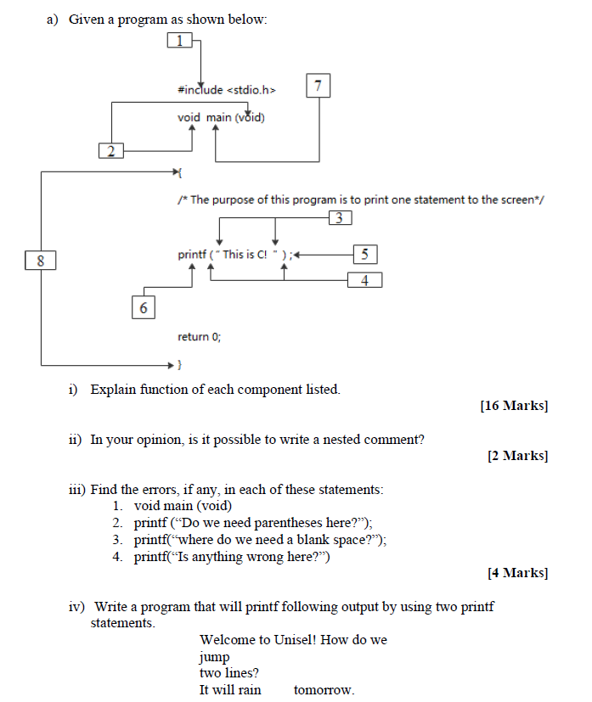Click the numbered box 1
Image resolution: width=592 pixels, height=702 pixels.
pos(179,39)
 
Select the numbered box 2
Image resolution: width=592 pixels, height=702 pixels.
pos(110,151)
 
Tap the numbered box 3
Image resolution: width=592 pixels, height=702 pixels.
pos(339,218)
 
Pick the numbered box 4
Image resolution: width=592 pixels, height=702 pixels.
pos(364,279)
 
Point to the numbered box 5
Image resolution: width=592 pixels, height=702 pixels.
pos(364,253)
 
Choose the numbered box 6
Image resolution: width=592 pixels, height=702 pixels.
pos(143,307)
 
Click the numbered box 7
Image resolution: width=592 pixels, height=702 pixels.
pos(318,87)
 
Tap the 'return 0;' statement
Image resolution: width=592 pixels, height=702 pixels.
pos(199,337)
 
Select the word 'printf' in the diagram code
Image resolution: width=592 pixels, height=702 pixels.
pos(191,254)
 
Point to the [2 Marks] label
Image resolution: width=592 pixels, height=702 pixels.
pos(517,456)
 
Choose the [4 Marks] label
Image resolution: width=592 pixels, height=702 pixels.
pos(517,573)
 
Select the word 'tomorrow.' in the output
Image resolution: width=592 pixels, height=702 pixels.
pos(324,689)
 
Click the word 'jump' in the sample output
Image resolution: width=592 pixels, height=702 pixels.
pos(214,656)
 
